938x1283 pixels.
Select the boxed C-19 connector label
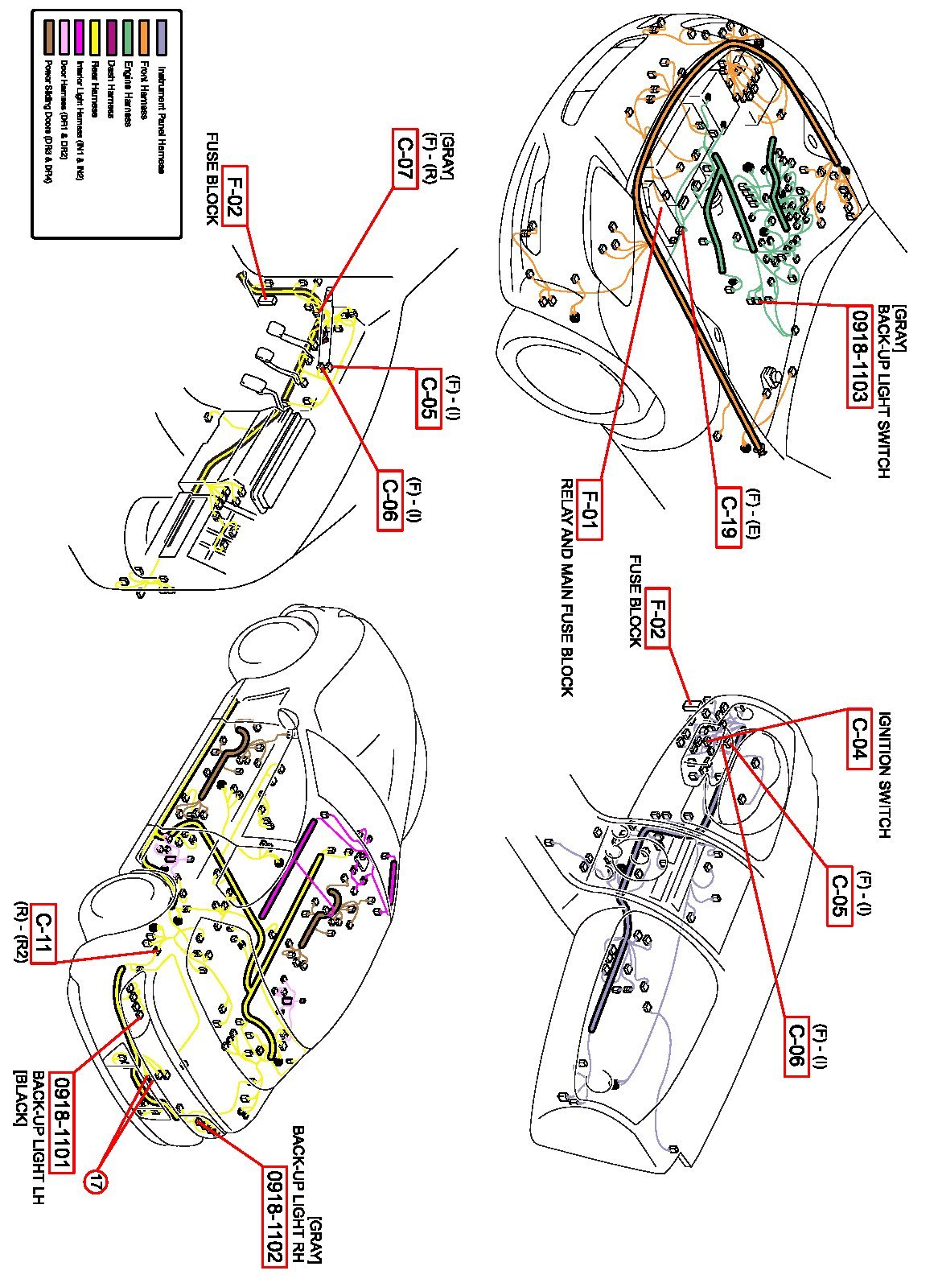click(x=728, y=518)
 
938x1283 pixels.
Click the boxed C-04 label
click(x=859, y=739)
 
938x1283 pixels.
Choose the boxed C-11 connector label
click(x=43, y=934)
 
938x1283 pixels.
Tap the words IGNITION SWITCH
click(x=884, y=775)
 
